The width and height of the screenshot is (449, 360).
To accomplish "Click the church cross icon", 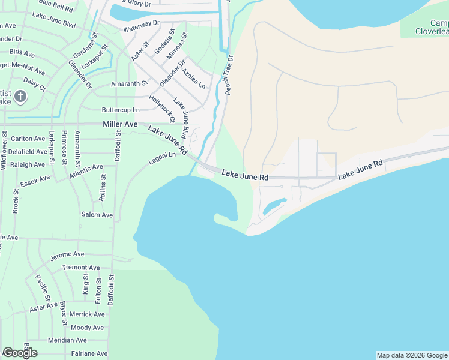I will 20,96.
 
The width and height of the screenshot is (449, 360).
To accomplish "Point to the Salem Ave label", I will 97,214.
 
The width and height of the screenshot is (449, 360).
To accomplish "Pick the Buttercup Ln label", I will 121,110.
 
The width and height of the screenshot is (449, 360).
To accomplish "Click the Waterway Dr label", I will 141,29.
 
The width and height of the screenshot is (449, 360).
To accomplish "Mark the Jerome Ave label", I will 67,256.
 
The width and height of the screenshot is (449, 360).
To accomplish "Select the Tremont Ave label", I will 81,268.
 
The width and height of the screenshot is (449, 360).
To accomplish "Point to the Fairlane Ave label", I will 88,354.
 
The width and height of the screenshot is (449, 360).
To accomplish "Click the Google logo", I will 20,353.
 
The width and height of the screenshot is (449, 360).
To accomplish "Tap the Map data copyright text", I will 412,355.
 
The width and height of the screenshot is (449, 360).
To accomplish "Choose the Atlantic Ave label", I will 86,172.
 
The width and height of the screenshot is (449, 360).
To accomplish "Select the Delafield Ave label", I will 28,152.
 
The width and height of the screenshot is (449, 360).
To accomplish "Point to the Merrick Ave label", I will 87,314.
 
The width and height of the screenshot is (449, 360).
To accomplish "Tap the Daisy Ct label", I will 34,83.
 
